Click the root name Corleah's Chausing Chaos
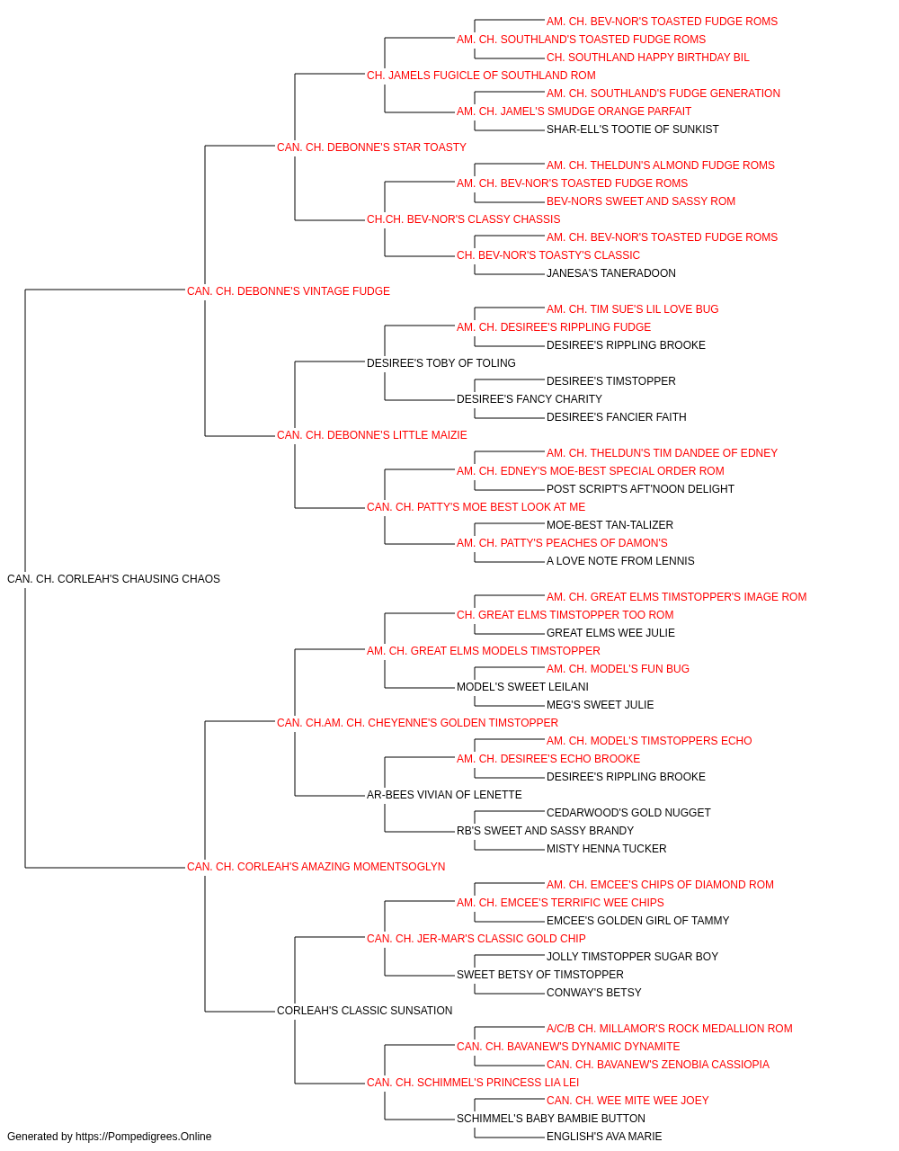pyautogui.click(x=113, y=579)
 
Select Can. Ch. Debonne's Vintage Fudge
pyautogui.click(x=288, y=291)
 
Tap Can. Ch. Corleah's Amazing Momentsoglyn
pyautogui.click(x=316, y=867)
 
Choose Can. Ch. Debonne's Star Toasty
pyautogui.click(x=371, y=147)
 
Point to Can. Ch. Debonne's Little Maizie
pyautogui.click(x=371, y=435)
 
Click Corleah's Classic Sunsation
pyautogui.click(x=365, y=1011)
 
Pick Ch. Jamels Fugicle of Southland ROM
pyautogui.click(x=481, y=76)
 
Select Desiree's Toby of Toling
pyautogui.click(x=441, y=362)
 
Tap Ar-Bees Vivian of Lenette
pyautogui.click(x=444, y=795)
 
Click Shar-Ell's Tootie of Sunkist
pyautogui.click(x=633, y=129)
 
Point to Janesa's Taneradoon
pyautogui.click(x=611, y=273)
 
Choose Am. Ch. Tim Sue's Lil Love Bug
pyautogui.click(x=632, y=309)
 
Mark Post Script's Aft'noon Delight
pyautogui.click(x=640, y=489)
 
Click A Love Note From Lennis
pyautogui.click(x=620, y=561)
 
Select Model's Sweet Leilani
pyautogui.click(x=522, y=687)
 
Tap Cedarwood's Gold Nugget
pyautogui.click(x=628, y=813)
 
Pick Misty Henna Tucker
pyautogui.click(x=606, y=849)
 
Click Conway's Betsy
pyautogui.click(x=593, y=993)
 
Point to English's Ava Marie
pyautogui.click(x=604, y=1137)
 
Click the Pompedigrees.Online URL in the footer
pyautogui.click(x=143, y=1137)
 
